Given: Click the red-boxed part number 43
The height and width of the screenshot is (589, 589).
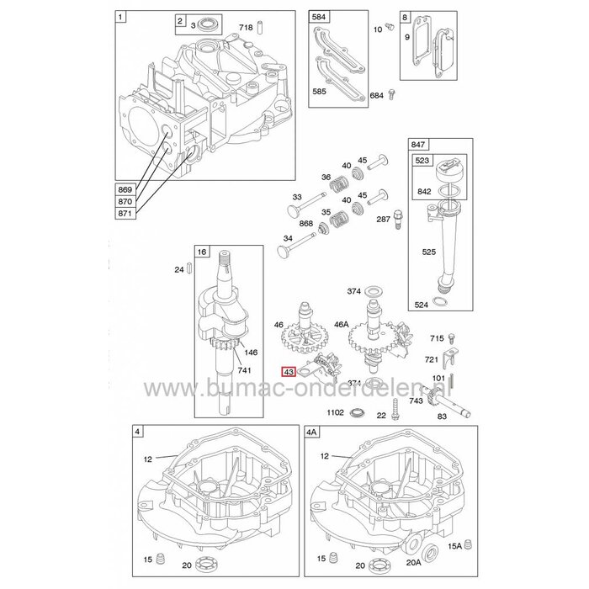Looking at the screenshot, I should [x=289, y=371].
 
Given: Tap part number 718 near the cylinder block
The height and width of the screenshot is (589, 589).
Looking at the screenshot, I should [x=246, y=29].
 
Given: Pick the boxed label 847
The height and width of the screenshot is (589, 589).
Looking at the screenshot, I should [x=418, y=146].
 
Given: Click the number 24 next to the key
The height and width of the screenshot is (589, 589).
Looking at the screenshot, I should [x=178, y=270].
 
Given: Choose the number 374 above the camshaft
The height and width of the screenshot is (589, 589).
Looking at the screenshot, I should [x=354, y=291].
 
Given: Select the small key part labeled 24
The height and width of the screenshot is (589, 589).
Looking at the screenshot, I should [x=193, y=270].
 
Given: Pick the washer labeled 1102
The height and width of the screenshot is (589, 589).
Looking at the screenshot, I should [x=358, y=414].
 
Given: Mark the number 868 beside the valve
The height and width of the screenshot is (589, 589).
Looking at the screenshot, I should [x=306, y=223].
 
